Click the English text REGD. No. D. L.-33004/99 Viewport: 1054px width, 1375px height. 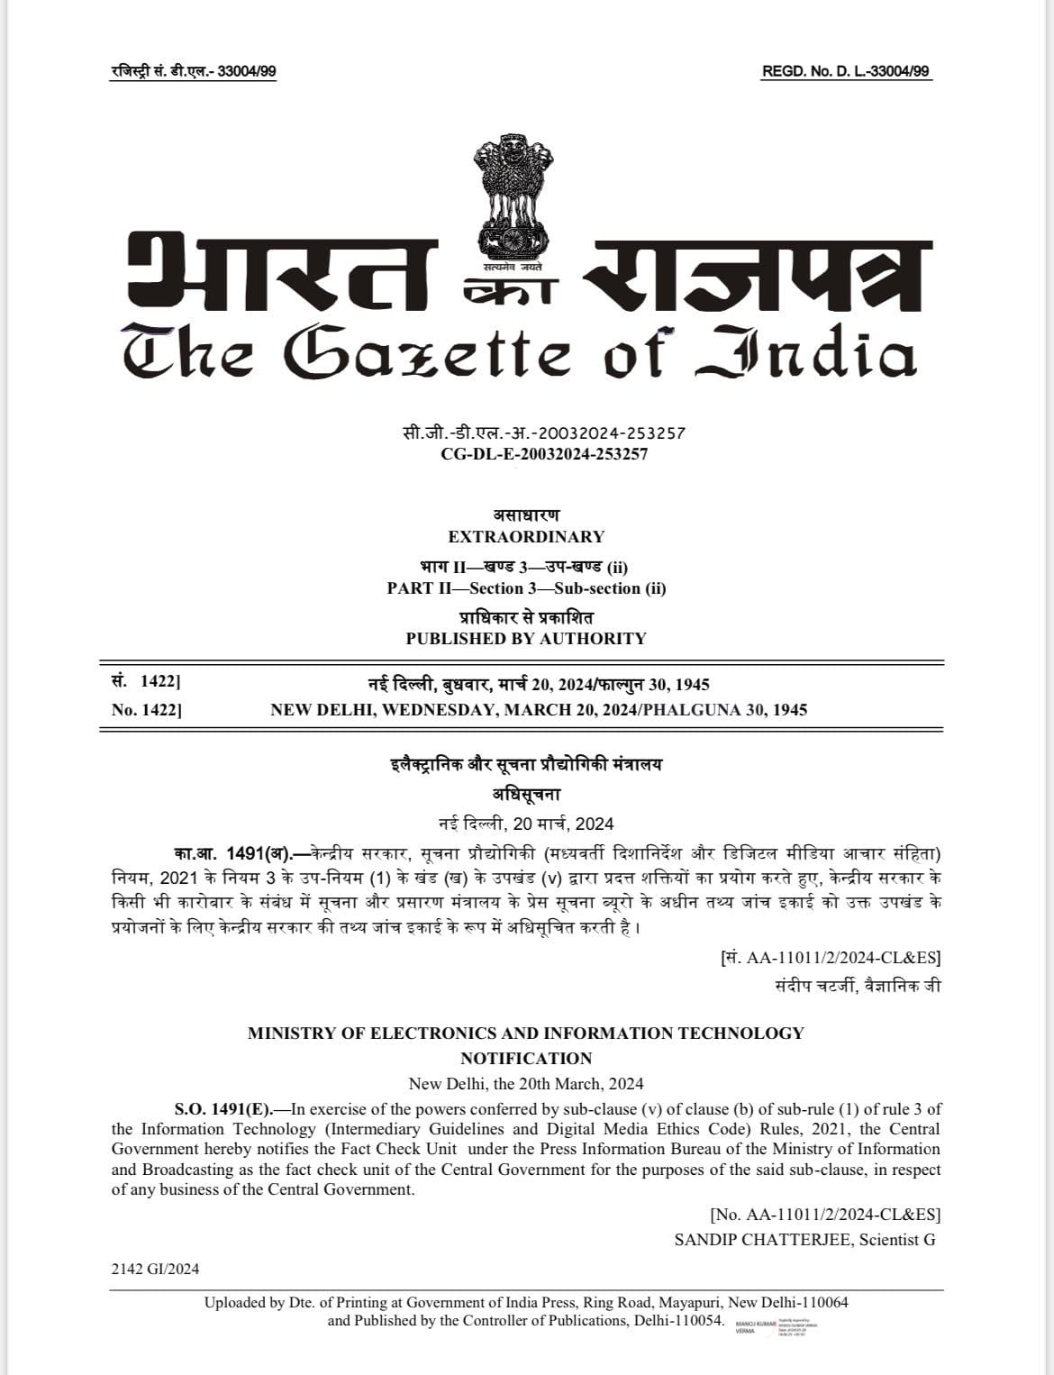pos(846,72)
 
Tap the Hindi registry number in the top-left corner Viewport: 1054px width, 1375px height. pos(193,72)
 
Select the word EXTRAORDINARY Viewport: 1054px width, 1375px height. pos(526,537)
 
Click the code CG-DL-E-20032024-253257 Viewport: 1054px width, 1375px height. pos(544,454)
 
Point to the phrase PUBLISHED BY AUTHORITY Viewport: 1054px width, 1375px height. pos(526,639)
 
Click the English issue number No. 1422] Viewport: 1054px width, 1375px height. pos(147,710)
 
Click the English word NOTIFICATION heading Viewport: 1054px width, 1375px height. pos(526,1059)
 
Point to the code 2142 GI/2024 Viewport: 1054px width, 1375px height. pos(155,1270)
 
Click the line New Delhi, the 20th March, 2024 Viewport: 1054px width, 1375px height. pos(526,1084)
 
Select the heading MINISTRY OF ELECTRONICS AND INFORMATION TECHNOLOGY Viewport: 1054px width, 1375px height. pos(526,1034)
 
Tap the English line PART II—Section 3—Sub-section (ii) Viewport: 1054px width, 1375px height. pos(526,588)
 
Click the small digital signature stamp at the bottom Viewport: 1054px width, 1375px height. pos(775,1328)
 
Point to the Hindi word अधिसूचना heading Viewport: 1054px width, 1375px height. pos(526,795)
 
